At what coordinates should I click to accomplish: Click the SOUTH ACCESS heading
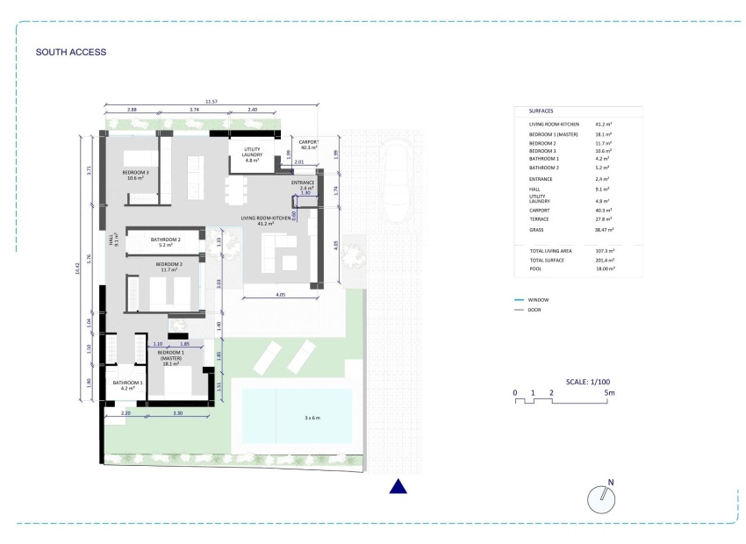pyautogui.click(x=70, y=52)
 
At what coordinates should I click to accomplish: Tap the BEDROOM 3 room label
pyautogui.click(x=135, y=174)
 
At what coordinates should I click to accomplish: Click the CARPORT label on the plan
pyautogui.click(x=309, y=144)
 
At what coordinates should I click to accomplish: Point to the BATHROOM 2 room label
pyautogui.click(x=165, y=242)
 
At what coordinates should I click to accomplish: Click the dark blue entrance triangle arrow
pyautogui.click(x=398, y=486)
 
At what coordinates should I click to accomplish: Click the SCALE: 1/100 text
pyautogui.click(x=588, y=383)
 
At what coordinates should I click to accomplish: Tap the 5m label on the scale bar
pyautogui.click(x=609, y=393)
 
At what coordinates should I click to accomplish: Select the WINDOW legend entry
pyautogui.click(x=540, y=299)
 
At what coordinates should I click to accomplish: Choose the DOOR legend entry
pyautogui.click(x=536, y=310)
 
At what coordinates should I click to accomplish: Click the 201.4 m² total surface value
pyautogui.click(x=604, y=261)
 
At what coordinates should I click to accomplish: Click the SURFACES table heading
pyautogui.click(x=541, y=111)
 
